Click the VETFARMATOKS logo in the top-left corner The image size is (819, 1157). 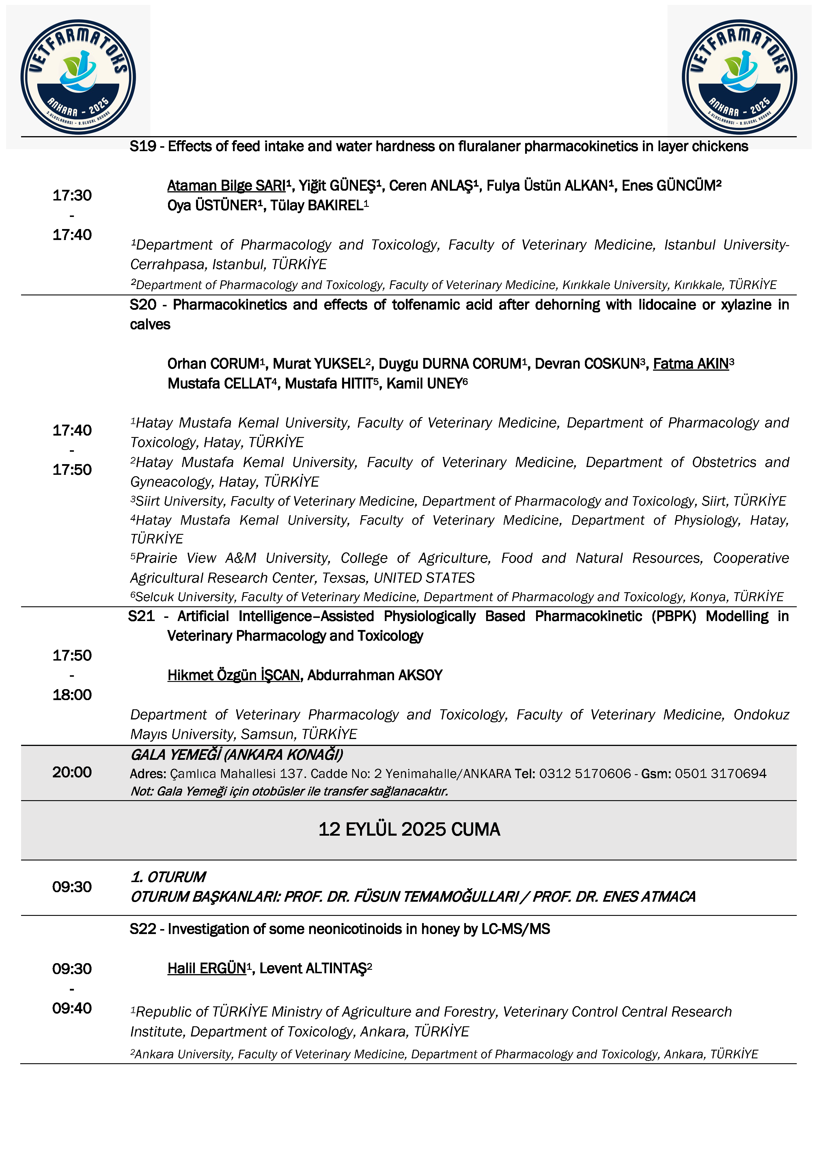point(78,77)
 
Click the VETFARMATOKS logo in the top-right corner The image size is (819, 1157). point(739,77)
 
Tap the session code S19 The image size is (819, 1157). point(143,147)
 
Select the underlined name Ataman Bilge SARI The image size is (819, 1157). point(226,186)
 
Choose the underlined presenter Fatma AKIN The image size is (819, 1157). point(691,364)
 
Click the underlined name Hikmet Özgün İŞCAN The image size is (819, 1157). point(234,675)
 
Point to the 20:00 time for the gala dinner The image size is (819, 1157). point(72,772)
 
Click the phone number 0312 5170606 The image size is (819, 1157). point(585,774)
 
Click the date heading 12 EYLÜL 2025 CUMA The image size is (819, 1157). point(409,829)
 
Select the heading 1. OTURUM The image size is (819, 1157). point(168,877)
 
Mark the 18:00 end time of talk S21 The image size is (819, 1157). point(72,695)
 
